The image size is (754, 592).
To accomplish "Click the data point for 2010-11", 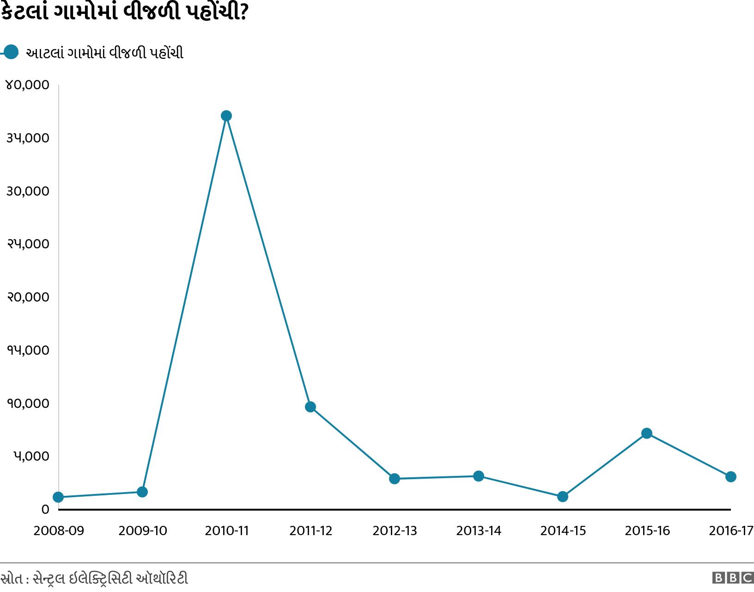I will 226,116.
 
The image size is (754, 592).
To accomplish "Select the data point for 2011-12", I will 310,407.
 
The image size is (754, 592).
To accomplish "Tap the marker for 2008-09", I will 58,497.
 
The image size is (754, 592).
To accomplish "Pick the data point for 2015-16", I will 647,433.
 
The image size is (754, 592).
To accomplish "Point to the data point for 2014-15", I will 563,497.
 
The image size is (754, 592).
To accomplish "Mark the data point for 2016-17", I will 731,477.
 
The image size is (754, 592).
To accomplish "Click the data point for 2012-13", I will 395,479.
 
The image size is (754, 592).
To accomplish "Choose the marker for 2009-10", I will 142,492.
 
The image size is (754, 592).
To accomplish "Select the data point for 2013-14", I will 479,476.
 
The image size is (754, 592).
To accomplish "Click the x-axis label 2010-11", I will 226,531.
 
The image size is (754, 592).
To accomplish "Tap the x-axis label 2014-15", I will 563,531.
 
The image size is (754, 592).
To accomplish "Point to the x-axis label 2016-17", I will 731,531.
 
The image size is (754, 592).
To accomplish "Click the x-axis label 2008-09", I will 59,531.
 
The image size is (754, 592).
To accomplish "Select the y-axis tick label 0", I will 45,510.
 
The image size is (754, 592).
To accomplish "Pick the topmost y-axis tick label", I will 27,85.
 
